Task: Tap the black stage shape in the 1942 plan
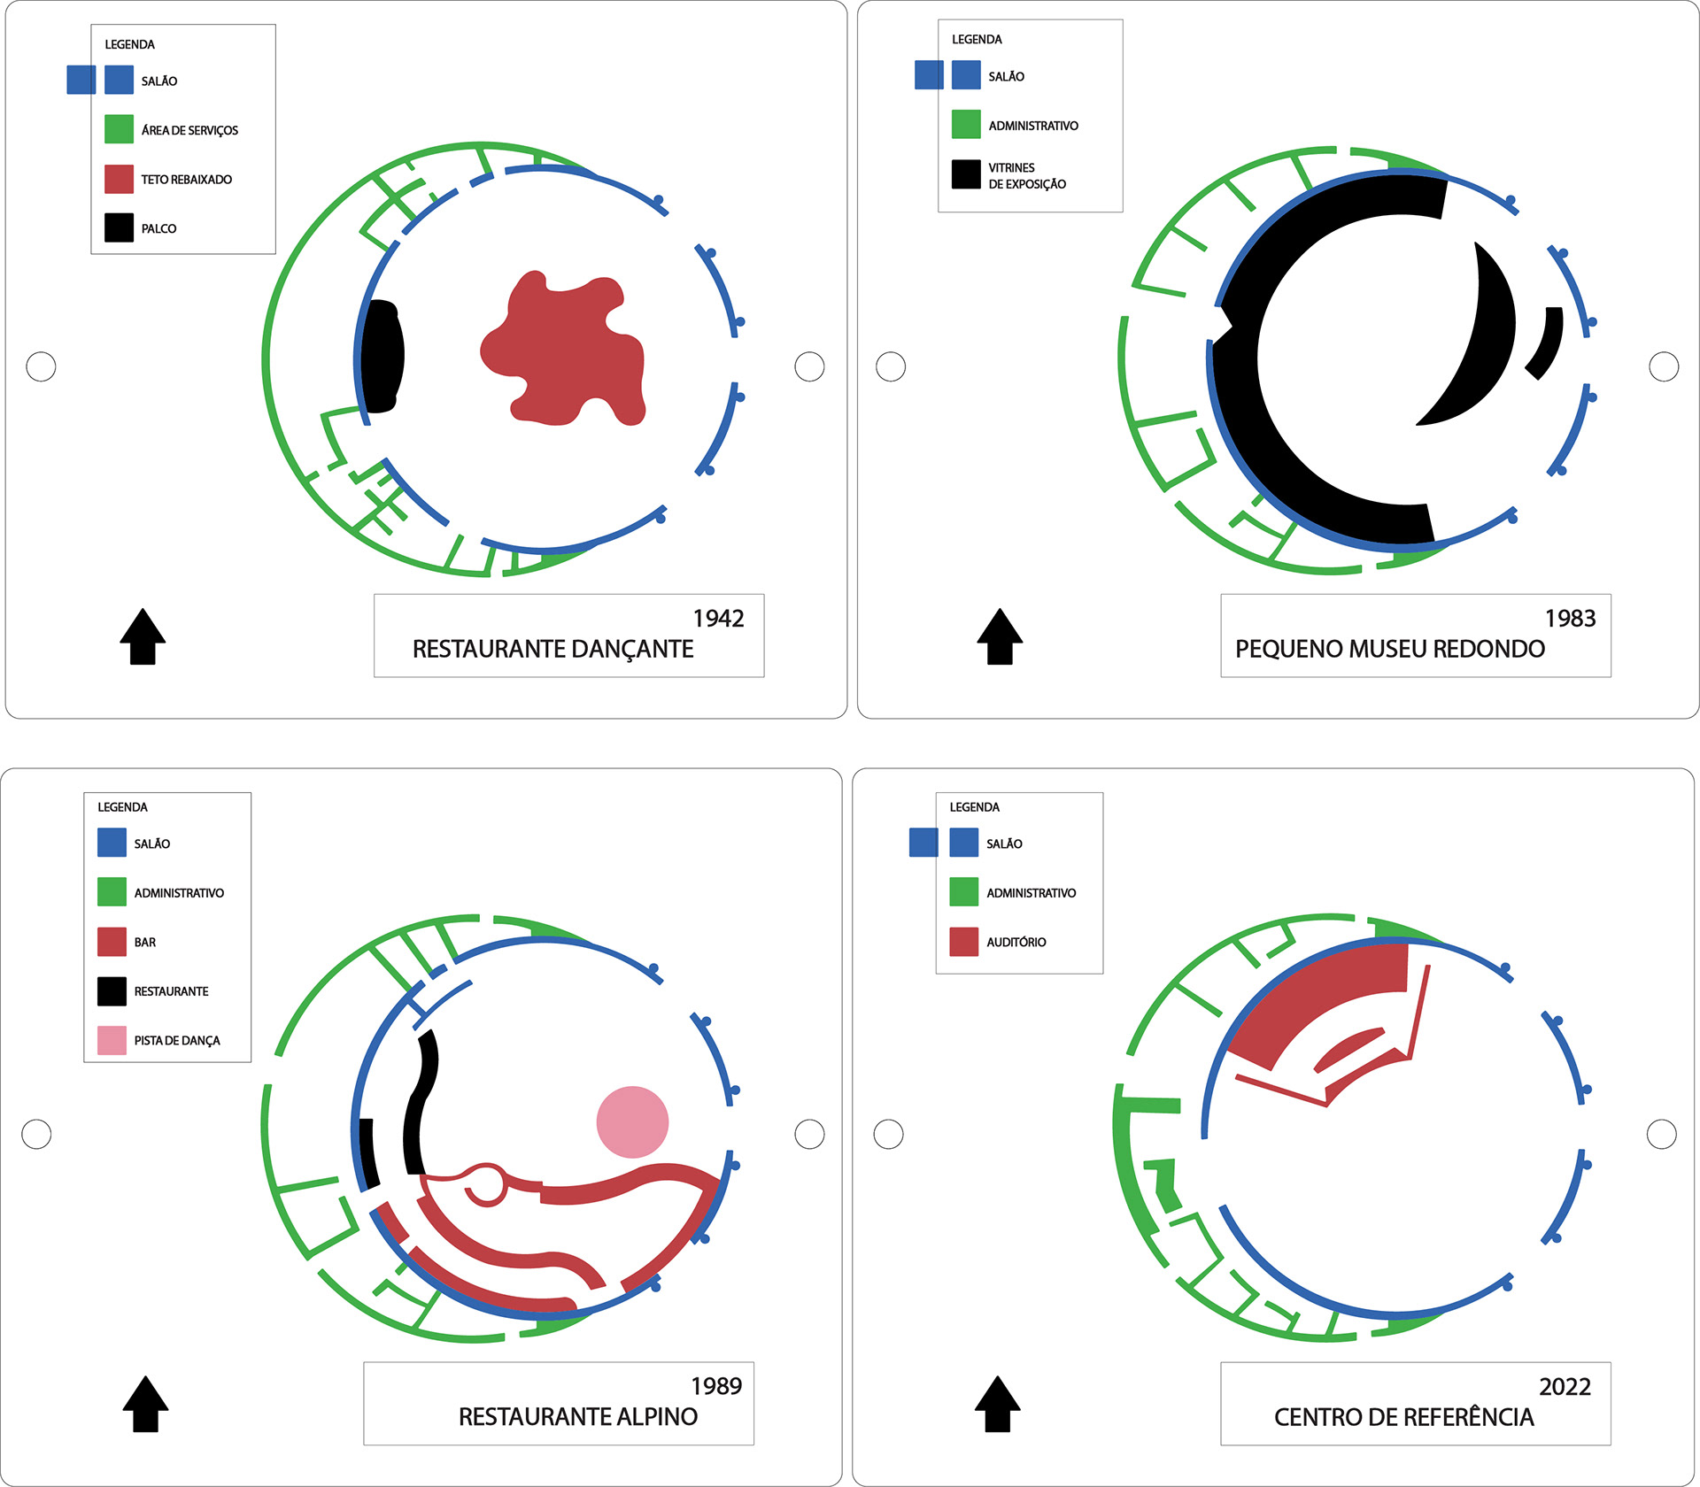point(383,357)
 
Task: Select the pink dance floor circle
point(632,1121)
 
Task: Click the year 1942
point(718,619)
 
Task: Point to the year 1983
point(1570,619)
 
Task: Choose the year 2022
point(1565,1387)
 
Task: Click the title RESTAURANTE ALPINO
point(577,1417)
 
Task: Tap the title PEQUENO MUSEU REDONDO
point(1389,649)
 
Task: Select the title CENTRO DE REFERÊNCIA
point(1403,1417)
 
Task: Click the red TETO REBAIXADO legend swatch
point(119,179)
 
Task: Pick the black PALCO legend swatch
point(119,227)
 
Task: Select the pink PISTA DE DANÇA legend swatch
point(112,1040)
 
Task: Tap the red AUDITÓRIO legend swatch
point(963,942)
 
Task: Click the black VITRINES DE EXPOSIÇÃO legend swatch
point(966,174)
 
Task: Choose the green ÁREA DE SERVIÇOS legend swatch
point(119,129)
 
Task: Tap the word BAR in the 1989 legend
point(145,943)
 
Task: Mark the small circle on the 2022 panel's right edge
point(1661,1134)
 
